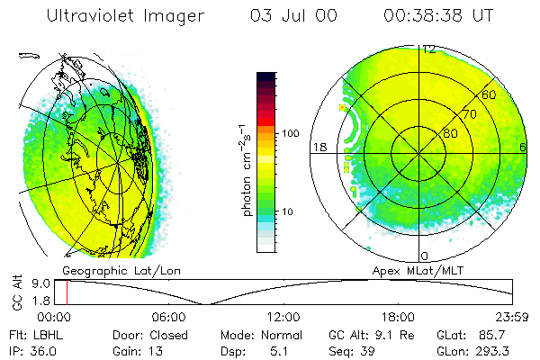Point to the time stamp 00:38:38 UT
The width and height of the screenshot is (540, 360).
coord(437,15)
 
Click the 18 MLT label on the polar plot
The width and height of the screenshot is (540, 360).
coord(319,146)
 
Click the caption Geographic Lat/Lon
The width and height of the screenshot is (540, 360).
coord(111,270)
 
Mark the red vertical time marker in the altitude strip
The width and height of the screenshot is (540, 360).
coord(67,292)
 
